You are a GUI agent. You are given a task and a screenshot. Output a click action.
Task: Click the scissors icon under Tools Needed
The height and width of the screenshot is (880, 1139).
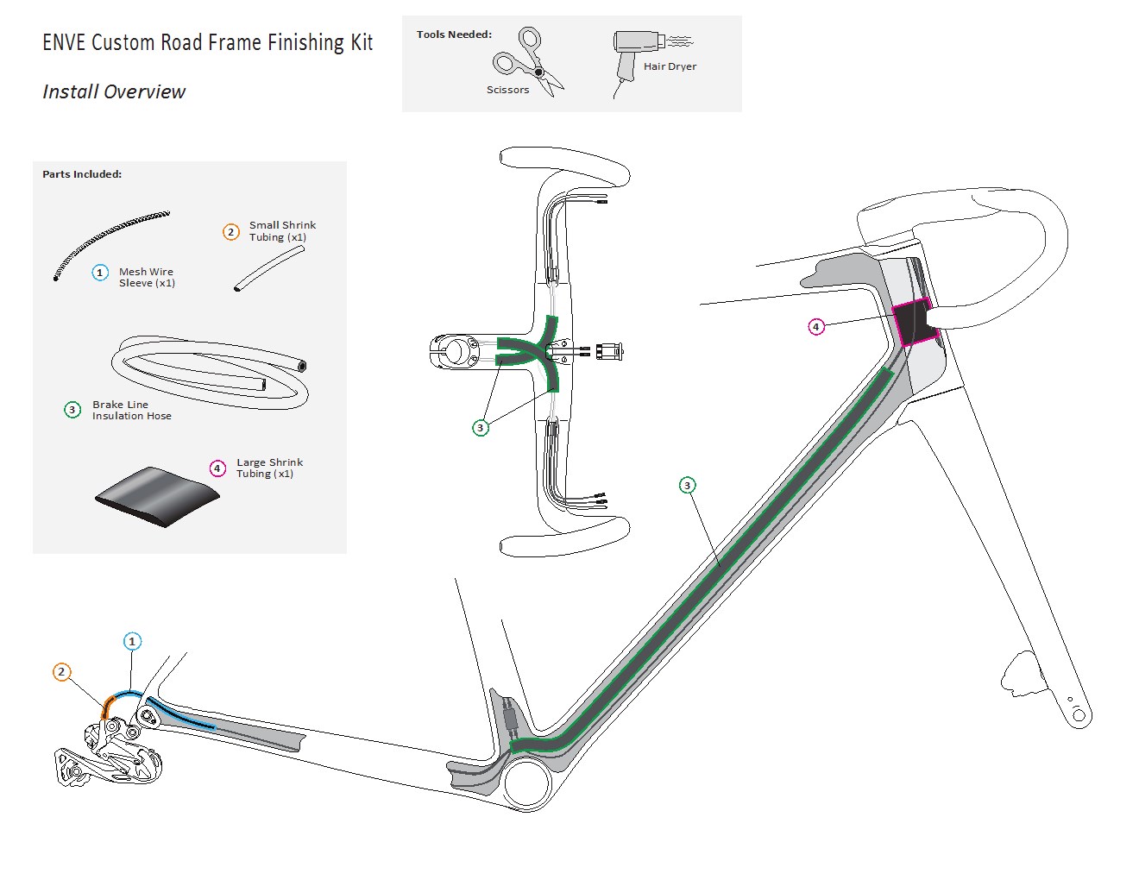[528, 61]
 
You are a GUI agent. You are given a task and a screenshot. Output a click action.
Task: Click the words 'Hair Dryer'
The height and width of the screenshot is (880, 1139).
[670, 66]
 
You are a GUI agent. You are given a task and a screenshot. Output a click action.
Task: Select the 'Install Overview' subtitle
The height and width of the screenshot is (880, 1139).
[114, 92]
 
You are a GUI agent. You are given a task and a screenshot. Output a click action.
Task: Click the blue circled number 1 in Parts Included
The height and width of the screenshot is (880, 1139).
[100, 273]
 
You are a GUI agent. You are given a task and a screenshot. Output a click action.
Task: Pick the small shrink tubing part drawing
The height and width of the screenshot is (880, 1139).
[269, 268]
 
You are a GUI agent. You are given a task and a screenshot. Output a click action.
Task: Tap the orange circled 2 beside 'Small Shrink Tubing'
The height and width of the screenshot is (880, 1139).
[230, 232]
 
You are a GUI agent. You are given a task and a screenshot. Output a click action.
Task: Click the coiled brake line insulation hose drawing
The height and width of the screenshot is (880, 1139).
[211, 372]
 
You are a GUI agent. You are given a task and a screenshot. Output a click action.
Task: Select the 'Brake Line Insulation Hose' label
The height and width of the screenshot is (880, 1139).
[132, 411]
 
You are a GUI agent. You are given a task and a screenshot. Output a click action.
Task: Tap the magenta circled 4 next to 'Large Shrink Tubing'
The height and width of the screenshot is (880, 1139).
[217, 468]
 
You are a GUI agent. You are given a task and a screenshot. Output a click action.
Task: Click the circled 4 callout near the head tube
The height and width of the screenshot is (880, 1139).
[815, 327]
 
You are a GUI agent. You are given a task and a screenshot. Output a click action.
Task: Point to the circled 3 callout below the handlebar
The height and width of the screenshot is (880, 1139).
[481, 428]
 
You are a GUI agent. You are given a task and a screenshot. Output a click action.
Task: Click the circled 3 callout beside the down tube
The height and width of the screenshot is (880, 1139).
[687, 486]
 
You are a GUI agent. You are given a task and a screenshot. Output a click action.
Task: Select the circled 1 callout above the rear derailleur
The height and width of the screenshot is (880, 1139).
[132, 641]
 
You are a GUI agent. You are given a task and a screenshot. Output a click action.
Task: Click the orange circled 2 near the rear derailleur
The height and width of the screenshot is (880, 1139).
[61, 672]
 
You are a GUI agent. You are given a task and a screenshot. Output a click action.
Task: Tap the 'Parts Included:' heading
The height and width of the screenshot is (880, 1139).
[82, 174]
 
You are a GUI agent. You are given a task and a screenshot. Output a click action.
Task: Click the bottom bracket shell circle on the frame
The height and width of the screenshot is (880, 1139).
[527, 782]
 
